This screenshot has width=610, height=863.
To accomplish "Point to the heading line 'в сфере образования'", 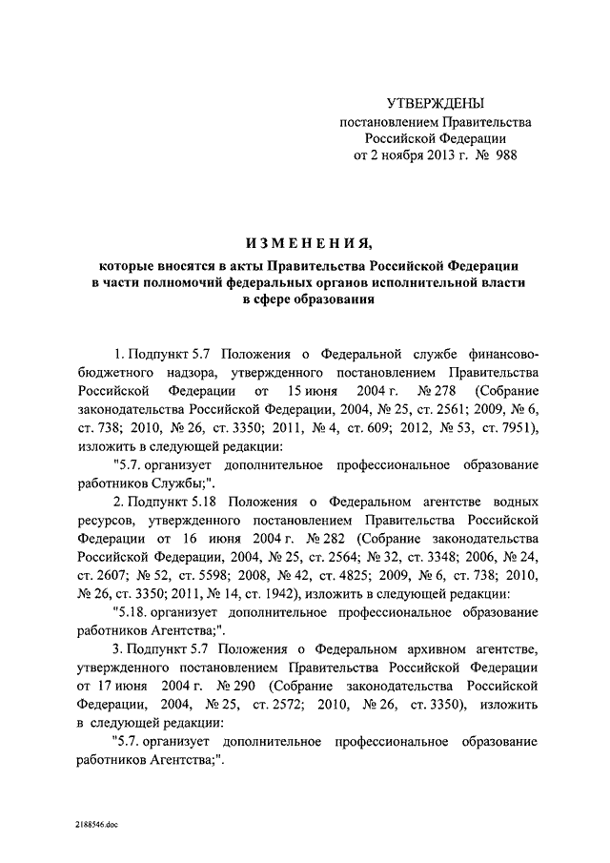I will (305, 301).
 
